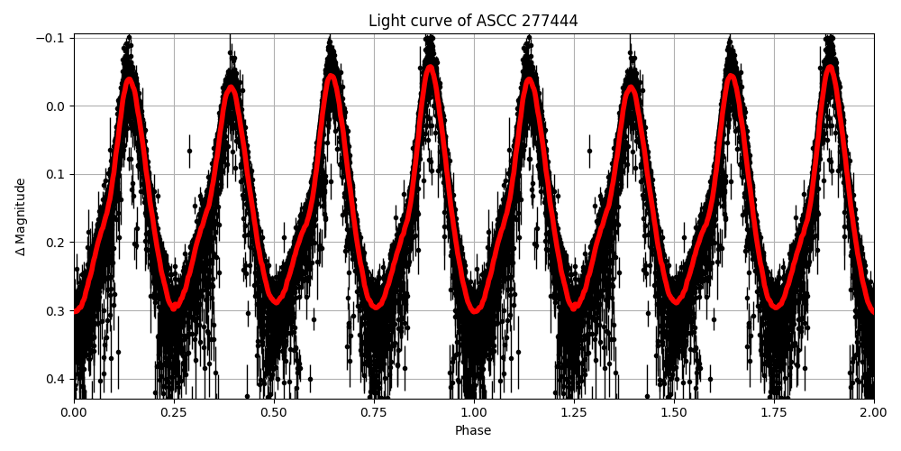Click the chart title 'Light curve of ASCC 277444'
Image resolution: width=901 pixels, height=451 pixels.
click(473, 21)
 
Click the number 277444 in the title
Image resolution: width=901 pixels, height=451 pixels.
click(548, 21)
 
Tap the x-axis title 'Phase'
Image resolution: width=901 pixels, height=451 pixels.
click(473, 431)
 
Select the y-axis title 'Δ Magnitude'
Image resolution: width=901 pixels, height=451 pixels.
click(21, 216)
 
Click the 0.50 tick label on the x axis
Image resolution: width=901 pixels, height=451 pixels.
click(274, 412)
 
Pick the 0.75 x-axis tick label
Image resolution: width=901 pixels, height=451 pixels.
click(374, 412)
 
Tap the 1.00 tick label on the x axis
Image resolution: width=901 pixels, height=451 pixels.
click(474, 412)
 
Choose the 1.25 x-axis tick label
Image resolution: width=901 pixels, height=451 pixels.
click(574, 412)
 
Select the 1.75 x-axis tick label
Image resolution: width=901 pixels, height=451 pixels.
click(774, 412)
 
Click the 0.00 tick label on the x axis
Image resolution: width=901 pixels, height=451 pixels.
click(74, 412)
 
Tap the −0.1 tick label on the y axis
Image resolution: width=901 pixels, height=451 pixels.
click(50, 38)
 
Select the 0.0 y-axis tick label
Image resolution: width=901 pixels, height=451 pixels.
click(56, 106)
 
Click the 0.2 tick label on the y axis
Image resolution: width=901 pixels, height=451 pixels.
click(56, 243)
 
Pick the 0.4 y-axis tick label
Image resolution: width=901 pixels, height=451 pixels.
click(56, 379)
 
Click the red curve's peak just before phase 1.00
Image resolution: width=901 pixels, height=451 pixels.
click(431, 68)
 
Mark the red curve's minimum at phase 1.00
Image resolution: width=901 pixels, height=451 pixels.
click(475, 309)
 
